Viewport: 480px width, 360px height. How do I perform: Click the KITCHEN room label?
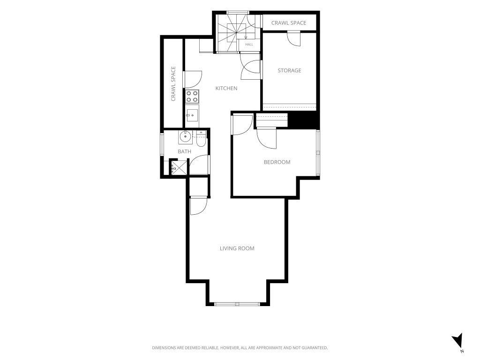coord(226,88)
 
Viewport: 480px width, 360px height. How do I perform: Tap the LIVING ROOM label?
coord(237,248)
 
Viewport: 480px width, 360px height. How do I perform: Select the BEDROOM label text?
coord(277,162)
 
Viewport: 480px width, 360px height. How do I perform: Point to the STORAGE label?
coord(289,70)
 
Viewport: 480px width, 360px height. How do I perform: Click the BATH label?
coord(184,151)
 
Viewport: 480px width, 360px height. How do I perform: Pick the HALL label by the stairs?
coord(249,45)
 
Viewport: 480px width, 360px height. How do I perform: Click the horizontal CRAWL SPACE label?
coord(289,22)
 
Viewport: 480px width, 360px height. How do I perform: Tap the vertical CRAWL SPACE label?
coord(173,83)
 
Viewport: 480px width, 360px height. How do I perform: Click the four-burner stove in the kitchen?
coord(192,97)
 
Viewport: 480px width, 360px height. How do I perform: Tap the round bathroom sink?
coord(185,136)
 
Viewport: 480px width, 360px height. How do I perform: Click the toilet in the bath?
coord(201,139)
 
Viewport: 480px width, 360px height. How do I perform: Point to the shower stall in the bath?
coord(179,167)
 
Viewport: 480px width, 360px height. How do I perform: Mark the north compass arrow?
coord(457,340)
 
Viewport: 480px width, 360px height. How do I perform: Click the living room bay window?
coord(237,304)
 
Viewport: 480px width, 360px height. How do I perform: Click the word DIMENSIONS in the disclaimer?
coord(164,348)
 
